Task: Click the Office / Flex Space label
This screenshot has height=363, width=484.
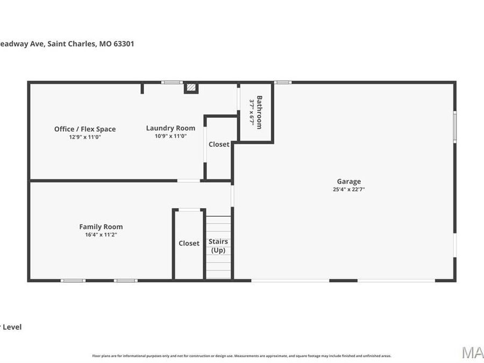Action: (x=85, y=129)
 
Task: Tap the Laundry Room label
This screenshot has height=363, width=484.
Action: (x=170, y=128)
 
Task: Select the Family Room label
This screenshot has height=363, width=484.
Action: (x=101, y=227)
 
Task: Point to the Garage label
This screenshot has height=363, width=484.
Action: (x=349, y=181)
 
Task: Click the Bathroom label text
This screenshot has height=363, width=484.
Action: (x=259, y=112)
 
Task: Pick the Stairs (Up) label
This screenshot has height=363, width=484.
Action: (x=218, y=246)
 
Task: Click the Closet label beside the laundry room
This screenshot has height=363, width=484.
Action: (x=219, y=144)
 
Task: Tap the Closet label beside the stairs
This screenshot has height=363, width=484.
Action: (x=189, y=244)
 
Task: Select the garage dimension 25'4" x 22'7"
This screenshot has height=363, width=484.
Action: (x=349, y=189)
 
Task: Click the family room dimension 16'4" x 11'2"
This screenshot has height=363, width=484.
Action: (x=101, y=234)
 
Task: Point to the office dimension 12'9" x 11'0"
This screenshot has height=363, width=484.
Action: (x=85, y=137)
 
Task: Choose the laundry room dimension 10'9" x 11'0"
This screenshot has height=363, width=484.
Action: (x=170, y=136)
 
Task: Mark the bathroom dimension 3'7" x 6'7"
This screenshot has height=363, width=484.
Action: (x=251, y=112)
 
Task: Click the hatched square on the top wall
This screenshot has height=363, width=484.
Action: (x=191, y=87)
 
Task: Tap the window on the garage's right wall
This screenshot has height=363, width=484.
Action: (x=454, y=127)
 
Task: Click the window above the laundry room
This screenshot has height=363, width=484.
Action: (x=172, y=82)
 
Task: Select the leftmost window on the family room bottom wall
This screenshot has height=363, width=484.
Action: (x=73, y=280)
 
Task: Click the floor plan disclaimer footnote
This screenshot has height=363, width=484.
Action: (x=241, y=355)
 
